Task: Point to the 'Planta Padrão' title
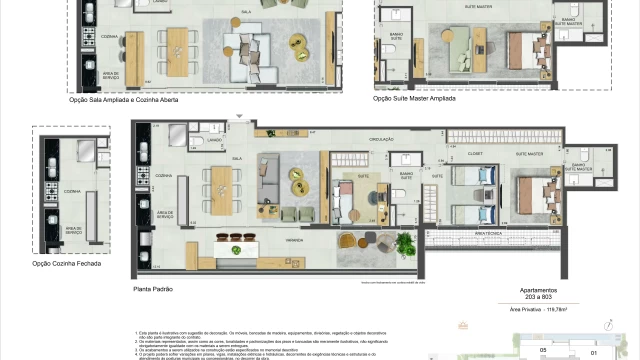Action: coord(153,288)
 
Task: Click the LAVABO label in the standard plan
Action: coord(214,140)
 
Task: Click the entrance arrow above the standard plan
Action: coord(238,119)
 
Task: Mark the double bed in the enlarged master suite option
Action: coord(523,46)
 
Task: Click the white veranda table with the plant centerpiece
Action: coord(236,250)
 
